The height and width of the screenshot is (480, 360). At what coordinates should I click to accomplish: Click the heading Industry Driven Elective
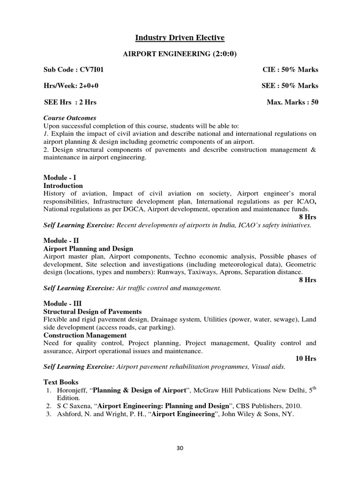click(x=180, y=37)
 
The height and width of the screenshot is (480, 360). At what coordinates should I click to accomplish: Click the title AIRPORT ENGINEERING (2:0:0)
click(x=180, y=54)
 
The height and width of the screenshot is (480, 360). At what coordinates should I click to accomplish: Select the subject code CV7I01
click(x=92, y=70)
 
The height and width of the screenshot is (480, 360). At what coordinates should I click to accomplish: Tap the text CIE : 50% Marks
click(x=290, y=70)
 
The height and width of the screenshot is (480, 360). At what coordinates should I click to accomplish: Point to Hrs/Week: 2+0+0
click(x=71, y=86)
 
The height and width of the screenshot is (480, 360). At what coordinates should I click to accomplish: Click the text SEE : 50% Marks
click(x=290, y=86)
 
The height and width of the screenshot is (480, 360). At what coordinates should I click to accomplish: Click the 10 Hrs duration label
click(x=306, y=359)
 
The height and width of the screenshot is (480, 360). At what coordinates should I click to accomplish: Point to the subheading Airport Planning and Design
click(x=88, y=248)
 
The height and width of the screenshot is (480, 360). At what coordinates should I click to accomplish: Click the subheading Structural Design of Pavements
click(x=93, y=311)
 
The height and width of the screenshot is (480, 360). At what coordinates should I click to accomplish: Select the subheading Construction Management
click(x=85, y=335)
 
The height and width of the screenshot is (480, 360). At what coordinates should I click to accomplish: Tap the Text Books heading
click(x=61, y=382)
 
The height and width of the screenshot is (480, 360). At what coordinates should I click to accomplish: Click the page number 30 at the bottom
click(x=180, y=448)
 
